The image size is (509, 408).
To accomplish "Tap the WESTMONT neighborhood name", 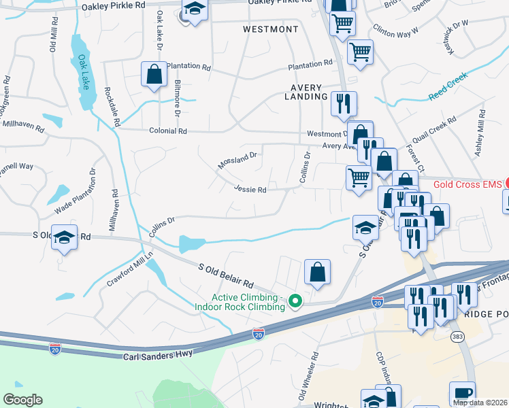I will coord(271,29).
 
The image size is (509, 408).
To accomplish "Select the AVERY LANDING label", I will coord(309,92).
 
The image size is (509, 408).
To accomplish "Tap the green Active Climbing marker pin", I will coord(295,300).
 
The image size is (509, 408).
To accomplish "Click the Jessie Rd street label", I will coord(250,190).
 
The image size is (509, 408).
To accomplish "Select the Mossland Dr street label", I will coord(237,160).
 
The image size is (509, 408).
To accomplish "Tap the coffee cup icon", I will coord(462,394).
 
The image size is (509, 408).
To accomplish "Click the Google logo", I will coord(22,400).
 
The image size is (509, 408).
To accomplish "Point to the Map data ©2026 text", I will coord(480,403).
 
